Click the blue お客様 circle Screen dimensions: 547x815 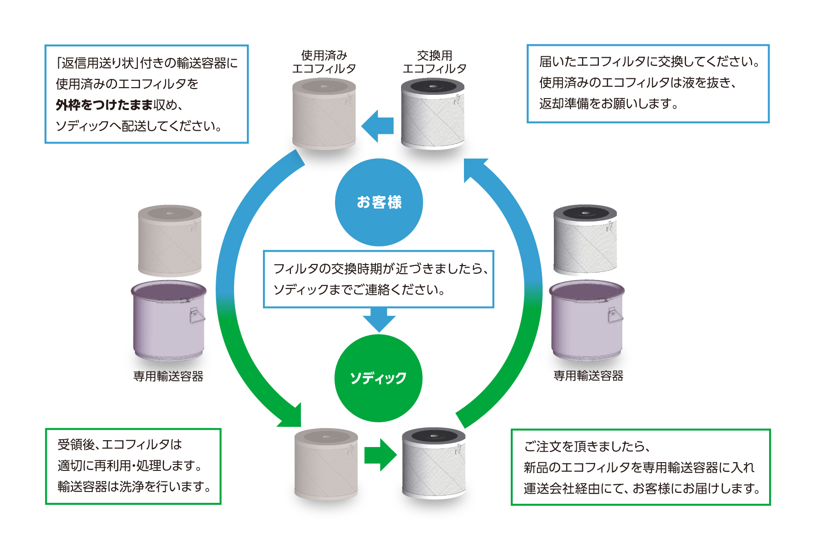tap(379, 202)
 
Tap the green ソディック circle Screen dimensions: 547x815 tap(378, 378)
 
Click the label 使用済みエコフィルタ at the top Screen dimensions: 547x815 tap(324, 62)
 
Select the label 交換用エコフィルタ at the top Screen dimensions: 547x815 tap(434, 62)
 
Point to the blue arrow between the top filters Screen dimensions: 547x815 tap(378, 126)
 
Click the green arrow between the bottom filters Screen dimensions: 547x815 tap(380, 455)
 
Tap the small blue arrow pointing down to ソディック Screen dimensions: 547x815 tap(379, 320)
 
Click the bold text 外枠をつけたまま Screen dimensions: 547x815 tap(104, 105)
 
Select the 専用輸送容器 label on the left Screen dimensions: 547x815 tap(168, 376)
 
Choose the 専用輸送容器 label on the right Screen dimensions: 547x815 tap(588, 376)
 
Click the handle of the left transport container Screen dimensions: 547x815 tap(196, 315)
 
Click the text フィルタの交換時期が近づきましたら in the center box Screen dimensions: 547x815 tap(380, 269)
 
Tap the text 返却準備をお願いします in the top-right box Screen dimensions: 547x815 tap(608, 104)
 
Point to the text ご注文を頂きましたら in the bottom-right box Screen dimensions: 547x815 tap(587, 446)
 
